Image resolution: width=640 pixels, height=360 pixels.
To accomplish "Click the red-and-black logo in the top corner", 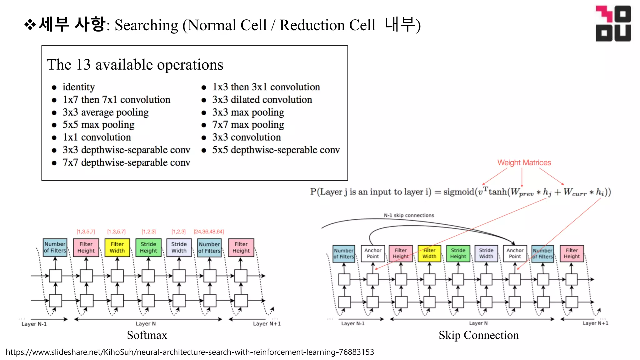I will click(613, 23).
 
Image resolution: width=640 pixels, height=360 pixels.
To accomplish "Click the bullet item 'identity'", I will click(78, 87).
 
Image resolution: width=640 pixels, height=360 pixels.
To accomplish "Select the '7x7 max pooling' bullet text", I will click(248, 125).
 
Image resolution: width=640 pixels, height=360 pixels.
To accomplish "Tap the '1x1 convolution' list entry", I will click(97, 137).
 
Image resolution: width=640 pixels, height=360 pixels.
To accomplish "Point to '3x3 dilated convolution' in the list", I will click(262, 100).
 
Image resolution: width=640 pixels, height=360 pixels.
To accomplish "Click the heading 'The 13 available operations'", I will click(135, 65).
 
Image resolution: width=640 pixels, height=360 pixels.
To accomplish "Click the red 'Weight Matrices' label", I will click(524, 162).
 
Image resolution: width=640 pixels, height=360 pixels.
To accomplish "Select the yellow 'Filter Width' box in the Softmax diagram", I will click(117, 247).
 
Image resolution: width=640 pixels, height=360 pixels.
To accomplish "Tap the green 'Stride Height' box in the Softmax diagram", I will click(148, 247).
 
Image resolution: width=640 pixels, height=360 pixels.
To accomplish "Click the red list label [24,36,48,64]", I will click(209, 232).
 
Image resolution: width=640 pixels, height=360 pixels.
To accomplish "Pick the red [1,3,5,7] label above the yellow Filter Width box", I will click(116, 232).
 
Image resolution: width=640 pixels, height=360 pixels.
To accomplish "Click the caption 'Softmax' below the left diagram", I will click(147, 335).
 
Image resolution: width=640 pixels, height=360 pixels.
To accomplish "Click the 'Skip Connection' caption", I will click(478, 335).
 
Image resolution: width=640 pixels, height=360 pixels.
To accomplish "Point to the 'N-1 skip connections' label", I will click(409, 215).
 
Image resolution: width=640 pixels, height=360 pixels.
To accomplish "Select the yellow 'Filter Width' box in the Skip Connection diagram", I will click(429, 253).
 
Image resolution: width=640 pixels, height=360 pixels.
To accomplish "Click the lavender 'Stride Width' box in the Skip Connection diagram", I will click(486, 253).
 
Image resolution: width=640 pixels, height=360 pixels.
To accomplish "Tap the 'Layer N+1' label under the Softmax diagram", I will click(267, 324).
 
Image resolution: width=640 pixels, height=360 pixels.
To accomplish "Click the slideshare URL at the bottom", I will click(190, 352).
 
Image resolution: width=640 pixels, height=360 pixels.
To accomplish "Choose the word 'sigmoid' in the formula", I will click(458, 192).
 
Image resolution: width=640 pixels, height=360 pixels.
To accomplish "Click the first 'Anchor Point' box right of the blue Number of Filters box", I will click(373, 253).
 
